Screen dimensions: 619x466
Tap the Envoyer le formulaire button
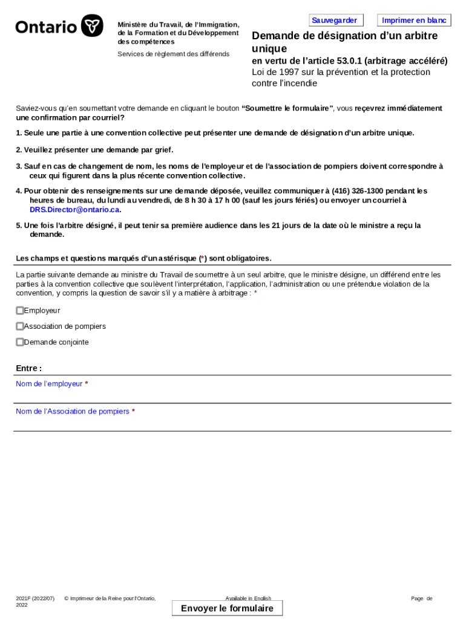(227, 608)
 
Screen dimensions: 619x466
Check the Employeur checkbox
(20, 311)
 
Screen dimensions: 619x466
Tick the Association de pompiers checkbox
(20, 326)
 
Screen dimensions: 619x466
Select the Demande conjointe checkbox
(20, 342)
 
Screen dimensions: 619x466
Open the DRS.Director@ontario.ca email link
(74, 210)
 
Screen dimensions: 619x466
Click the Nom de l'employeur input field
(232, 396)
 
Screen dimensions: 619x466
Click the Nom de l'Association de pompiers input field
(232, 424)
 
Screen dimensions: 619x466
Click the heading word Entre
(27, 368)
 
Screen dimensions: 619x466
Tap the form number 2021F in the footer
(24, 598)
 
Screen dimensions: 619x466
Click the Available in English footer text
(248, 598)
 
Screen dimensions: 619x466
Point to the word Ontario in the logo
(46, 27)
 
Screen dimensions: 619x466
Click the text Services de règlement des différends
(173, 54)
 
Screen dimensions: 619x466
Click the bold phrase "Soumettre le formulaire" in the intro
(287, 108)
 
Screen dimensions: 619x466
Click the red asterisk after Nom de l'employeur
(87, 384)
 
